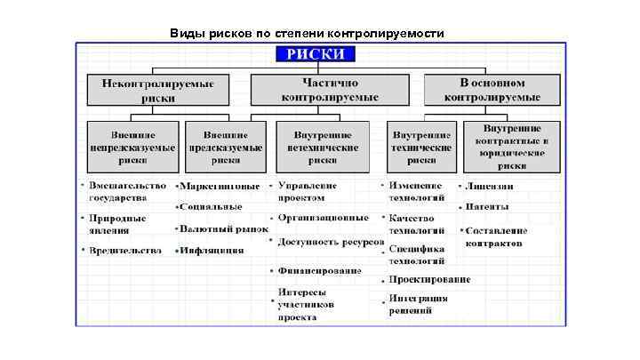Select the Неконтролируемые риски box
point(157,89)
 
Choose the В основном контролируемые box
point(492,89)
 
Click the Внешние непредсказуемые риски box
point(132,148)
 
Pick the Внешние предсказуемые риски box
point(226,148)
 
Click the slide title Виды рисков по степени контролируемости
point(306,34)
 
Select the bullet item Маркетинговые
point(220,187)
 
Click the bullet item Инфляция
point(212,250)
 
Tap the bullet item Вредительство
point(126,250)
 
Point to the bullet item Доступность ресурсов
point(330,241)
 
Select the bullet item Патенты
point(488,207)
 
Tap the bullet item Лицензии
point(490,187)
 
